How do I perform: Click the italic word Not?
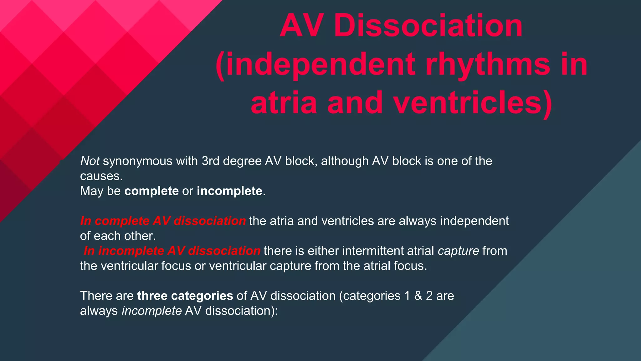pos(90,161)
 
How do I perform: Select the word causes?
pos(101,176)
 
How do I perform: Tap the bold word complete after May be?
pos(151,191)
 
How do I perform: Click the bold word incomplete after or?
pos(229,191)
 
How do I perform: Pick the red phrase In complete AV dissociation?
pos(163,221)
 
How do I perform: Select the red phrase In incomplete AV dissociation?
pos(172,251)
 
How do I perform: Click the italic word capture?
pos(458,251)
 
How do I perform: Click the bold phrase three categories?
pos(185,296)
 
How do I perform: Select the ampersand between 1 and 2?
pos(418,296)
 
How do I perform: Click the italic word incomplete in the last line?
pos(151,311)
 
